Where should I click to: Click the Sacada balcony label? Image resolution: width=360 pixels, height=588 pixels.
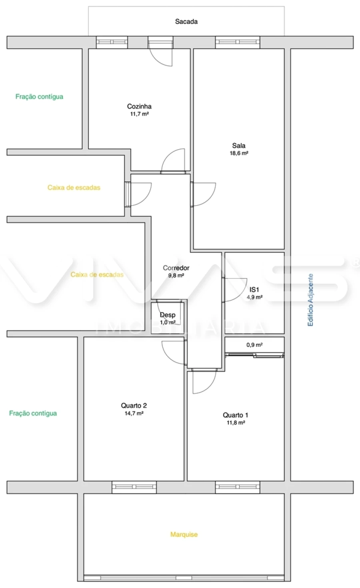tap(186, 22)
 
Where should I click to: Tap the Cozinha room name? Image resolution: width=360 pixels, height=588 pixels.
tap(139, 106)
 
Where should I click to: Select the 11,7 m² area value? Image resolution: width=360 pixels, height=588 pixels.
tap(139, 114)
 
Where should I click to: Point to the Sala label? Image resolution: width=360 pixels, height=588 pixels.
tap(239, 146)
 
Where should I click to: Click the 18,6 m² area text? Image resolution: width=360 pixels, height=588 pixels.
tap(239, 153)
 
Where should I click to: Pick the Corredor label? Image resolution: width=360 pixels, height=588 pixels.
tap(176, 268)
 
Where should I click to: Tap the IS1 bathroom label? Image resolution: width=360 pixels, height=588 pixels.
tap(254, 290)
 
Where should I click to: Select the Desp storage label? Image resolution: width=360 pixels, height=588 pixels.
tap(168, 315)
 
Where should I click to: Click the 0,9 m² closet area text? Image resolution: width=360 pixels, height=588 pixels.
tap(254, 345)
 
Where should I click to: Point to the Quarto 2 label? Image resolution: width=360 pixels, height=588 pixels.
tap(134, 406)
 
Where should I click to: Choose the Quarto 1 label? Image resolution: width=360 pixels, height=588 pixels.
tap(236, 415)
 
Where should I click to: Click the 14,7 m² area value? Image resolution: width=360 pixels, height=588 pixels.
tap(134, 414)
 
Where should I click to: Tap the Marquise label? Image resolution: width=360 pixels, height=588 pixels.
tap(184, 534)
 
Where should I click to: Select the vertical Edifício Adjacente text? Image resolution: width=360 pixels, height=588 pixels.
tap(310, 300)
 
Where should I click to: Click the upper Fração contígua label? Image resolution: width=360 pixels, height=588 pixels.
tap(39, 96)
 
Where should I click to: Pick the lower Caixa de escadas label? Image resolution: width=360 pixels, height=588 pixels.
tap(97, 275)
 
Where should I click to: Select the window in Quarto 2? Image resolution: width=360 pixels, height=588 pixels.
tap(134, 487)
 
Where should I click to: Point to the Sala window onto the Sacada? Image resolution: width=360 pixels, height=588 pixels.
tap(238, 42)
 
